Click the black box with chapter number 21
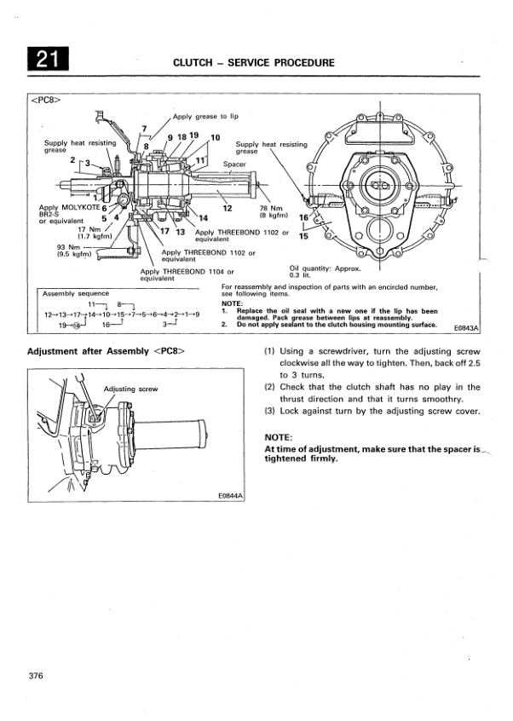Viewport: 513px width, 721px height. tap(47, 61)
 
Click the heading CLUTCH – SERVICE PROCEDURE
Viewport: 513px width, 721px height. tap(253, 62)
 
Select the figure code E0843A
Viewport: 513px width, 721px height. tap(468, 327)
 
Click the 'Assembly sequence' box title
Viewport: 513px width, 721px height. tap(76, 293)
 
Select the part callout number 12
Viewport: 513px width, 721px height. tap(228, 207)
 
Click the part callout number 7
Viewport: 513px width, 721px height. tap(144, 130)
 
